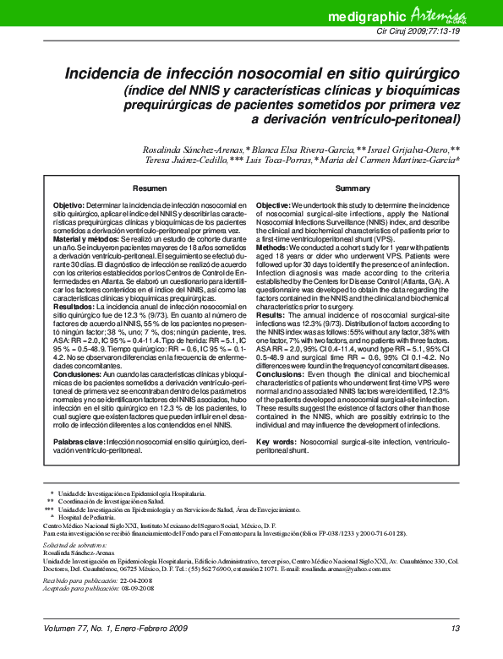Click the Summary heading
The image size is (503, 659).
coord(353,188)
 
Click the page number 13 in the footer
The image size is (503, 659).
coord(455,629)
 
